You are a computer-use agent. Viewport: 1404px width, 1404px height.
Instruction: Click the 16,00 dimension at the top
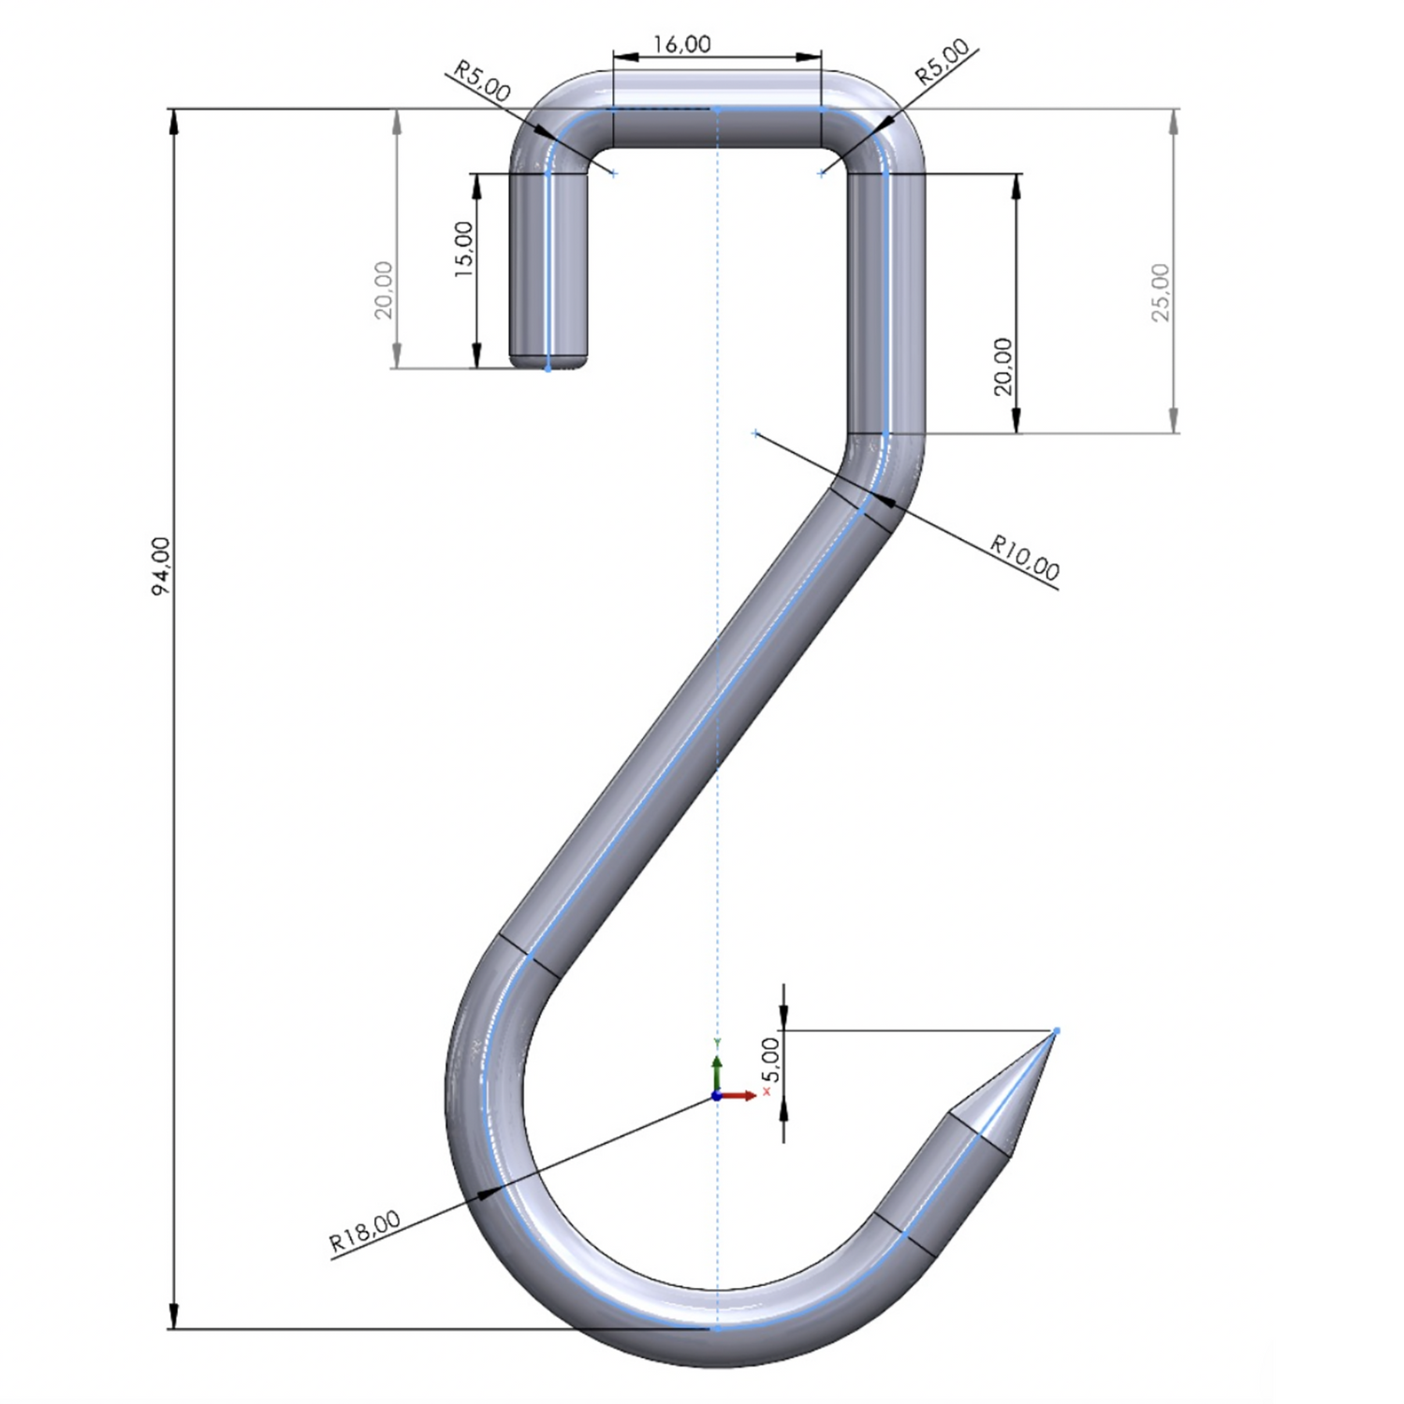coord(681,44)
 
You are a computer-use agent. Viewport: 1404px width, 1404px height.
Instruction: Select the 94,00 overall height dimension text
coord(161,567)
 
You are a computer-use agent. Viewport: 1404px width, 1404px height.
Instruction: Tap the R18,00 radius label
coord(365,1232)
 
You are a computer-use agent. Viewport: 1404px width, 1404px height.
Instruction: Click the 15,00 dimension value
coord(464,249)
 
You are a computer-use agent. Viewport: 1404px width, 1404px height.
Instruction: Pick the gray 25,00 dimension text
coord(1161,292)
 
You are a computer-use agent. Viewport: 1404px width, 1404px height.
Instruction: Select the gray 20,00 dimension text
coord(384,290)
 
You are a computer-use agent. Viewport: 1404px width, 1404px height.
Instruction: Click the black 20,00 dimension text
coord(1002,366)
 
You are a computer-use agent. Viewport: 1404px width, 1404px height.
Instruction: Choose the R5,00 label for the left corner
coord(482,81)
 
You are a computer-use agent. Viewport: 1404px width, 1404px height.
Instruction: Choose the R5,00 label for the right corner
coord(942,63)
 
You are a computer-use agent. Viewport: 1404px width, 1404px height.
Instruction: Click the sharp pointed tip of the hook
coord(1055,1031)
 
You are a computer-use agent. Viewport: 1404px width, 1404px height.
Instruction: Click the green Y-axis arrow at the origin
coord(717,1067)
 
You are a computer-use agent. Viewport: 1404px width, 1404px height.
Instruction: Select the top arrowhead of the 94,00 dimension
coord(173,122)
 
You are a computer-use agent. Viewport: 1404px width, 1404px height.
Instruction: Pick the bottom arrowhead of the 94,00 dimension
coord(173,1315)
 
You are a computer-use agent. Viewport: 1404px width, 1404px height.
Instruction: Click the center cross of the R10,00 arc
coord(756,433)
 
